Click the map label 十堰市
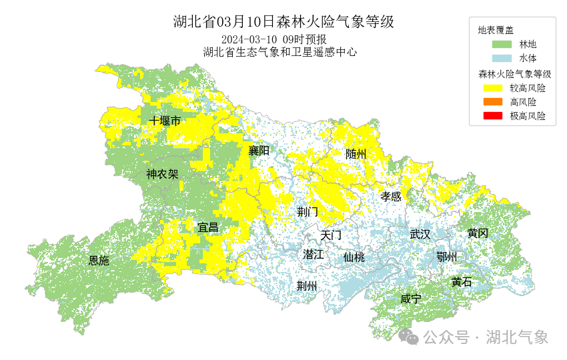(x=165, y=121)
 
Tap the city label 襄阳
(x=259, y=151)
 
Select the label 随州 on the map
(x=356, y=154)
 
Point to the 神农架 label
(x=162, y=175)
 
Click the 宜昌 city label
(x=208, y=227)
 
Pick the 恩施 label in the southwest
(x=99, y=261)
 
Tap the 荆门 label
(x=308, y=212)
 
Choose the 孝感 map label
(x=391, y=196)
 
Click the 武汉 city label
(x=420, y=234)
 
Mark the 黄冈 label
(x=478, y=233)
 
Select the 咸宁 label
(x=411, y=299)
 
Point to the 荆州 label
(x=307, y=286)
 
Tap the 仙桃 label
(x=354, y=257)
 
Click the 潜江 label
(x=313, y=254)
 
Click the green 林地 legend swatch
(x=502, y=45)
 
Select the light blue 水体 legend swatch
(x=502, y=59)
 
